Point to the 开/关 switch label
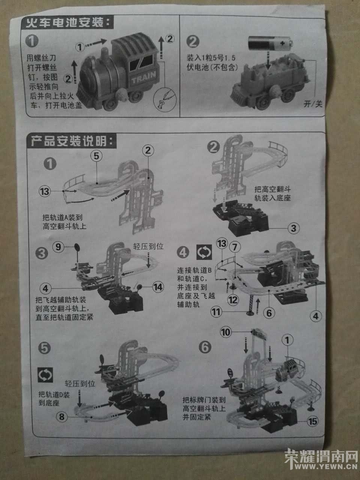(x=313, y=104)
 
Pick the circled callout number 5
(x=96, y=156)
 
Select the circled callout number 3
(x=293, y=228)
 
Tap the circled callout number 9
(x=58, y=247)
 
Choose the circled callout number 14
(x=158, y=287)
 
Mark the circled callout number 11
(x=216, y=312)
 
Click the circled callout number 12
(x=233, y=300)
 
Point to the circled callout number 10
(x=226, y=333)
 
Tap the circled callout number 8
(x=61, y=417)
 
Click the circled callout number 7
(x=234, y=247)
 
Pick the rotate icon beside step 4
(x=204, y=252)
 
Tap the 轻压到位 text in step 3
(x=148, y=246)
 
